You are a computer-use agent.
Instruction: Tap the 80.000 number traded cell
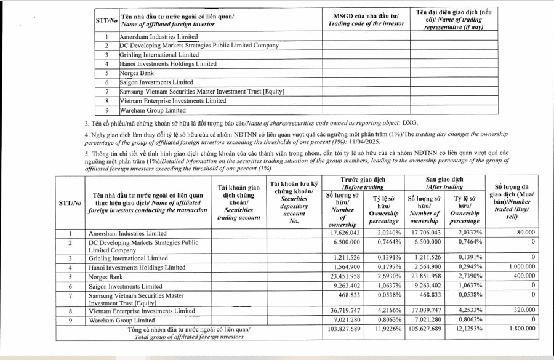pos(522,233)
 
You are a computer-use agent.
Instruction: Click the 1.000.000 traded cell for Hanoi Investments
pos(516,267)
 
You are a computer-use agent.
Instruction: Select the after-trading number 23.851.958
pos(424,276)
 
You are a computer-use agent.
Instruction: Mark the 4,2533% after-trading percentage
pos(468,311)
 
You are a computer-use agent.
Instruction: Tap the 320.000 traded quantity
pos(521,311)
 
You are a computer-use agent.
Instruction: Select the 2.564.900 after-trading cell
pos(424,267)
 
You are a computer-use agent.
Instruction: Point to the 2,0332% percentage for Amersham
pos(468,233)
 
